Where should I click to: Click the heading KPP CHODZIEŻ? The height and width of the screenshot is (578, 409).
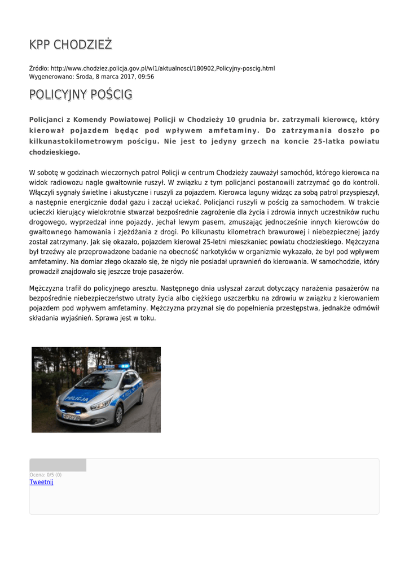[71, 45]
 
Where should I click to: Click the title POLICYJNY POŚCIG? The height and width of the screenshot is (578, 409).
[81, 94]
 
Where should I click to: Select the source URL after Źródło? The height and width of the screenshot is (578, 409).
[162, 68]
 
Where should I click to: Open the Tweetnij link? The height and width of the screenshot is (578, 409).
[41, 482]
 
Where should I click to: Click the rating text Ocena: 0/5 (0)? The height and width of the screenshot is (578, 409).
[45, 475]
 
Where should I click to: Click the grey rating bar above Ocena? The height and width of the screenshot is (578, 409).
[58, 465]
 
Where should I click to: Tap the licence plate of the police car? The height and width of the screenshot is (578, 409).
[71, 417]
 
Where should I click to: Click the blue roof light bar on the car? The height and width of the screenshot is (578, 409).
[115, 366]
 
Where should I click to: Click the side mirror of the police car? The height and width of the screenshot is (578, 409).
[126, 387]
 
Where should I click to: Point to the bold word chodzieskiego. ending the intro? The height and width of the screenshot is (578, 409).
[55, 152]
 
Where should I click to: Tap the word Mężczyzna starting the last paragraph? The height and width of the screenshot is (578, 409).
[49, 288]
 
